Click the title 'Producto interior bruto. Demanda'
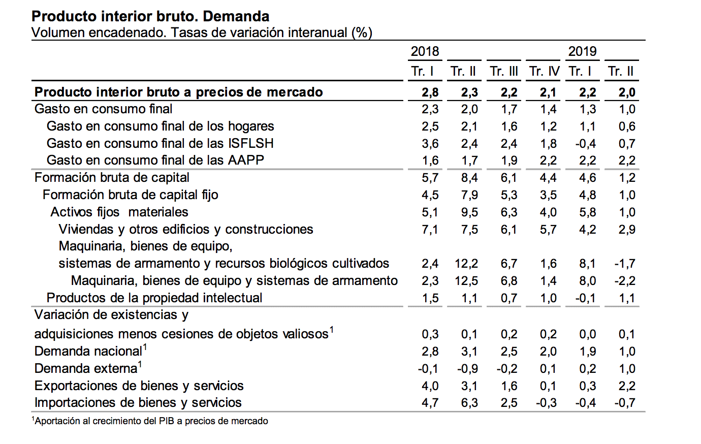point(150,16)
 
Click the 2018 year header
point(425,51)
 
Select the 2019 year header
point(582,51)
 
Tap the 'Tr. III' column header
point(504,72)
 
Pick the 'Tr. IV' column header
point(544,72)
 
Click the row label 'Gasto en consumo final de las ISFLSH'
point(160,143)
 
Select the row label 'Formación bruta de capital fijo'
point(130,195)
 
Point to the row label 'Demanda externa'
point(86,368)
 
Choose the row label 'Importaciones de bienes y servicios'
point(138,403)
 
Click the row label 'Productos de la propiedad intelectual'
point(154,298)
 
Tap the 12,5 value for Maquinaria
point(466,281)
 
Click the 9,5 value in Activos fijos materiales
point(469,212)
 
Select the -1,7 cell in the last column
point(625,264)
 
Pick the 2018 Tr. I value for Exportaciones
point(430,386)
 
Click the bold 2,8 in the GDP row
point(430,92)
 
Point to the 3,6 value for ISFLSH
point(430,144)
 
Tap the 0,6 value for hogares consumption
point(627,126)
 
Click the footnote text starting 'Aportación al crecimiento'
point(151,421)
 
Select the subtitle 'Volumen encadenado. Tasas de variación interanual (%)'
point(202,33)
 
